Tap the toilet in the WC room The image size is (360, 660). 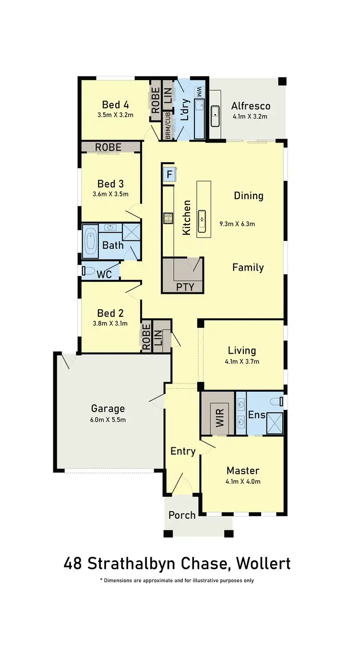point(88,271)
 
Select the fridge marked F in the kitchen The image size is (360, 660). point(169,174)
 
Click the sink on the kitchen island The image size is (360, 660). point(203,220)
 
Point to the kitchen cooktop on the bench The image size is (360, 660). point(168,219)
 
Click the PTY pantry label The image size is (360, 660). point(185,287)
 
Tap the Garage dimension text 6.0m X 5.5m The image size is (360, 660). point(108,420)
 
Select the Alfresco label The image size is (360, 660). point(251,106)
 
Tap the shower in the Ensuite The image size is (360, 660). point(274,423)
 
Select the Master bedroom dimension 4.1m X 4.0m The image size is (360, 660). point(243,481)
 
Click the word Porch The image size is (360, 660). point(182,515)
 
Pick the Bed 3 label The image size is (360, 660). point(110,184)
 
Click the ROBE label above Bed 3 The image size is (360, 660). point(108,147)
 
